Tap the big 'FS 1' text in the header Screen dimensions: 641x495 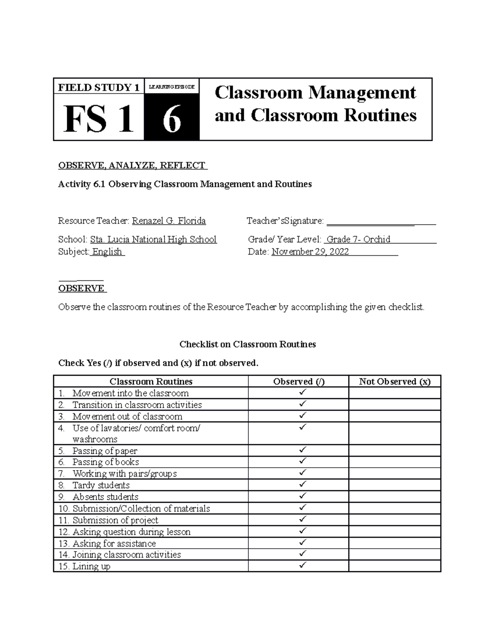[99, 119]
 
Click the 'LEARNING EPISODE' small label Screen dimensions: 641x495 [172, 87]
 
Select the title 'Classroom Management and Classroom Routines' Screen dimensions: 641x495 [316, 104]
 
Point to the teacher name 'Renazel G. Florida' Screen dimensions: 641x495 [169, 221]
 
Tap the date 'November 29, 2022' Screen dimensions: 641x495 [310, 252]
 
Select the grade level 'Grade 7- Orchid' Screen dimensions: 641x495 [358, 239]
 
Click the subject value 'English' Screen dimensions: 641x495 [107, 252]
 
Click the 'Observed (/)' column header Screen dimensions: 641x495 [299, 381]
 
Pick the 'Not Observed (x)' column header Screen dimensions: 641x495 [394, 381]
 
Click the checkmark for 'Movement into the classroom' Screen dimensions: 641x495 [303, 391]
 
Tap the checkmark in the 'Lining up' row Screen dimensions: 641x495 [303, 565]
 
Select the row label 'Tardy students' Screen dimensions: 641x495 [101, 485]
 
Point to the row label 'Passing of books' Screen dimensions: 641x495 [105, 462]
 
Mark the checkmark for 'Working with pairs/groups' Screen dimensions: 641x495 [303, 472]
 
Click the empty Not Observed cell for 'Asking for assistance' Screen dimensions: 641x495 [394, 543]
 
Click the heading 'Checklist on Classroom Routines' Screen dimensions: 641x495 [247, 344]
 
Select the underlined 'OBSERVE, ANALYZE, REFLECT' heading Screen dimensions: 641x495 [132, 166]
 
